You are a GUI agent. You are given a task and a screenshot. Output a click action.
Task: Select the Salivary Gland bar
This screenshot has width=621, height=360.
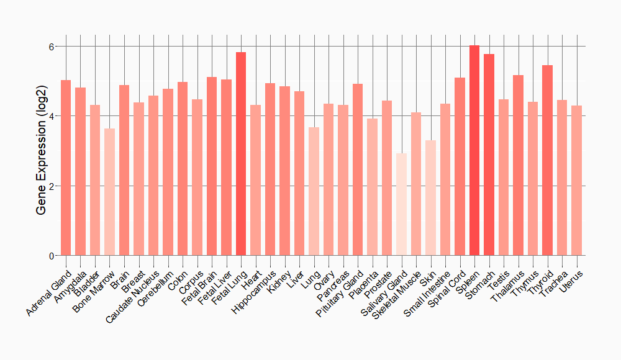coord(401,204)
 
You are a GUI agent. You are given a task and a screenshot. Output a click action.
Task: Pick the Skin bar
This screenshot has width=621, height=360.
coord(430,198)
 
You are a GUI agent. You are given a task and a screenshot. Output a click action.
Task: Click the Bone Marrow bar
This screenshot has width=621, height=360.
coord(109,192)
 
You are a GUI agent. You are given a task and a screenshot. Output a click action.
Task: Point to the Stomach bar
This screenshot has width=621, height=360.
coord(489,155)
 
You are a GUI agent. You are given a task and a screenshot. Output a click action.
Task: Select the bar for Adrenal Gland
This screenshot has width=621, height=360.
coord(66,168)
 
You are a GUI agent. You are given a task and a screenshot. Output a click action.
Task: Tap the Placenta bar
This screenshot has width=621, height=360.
coord(372,187)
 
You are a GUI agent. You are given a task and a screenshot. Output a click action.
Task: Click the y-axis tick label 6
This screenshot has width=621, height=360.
coord(52,47)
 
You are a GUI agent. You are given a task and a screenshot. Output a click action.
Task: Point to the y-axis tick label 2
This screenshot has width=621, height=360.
coord(52,186)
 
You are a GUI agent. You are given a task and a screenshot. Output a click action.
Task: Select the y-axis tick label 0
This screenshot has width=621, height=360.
coord(52,256)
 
